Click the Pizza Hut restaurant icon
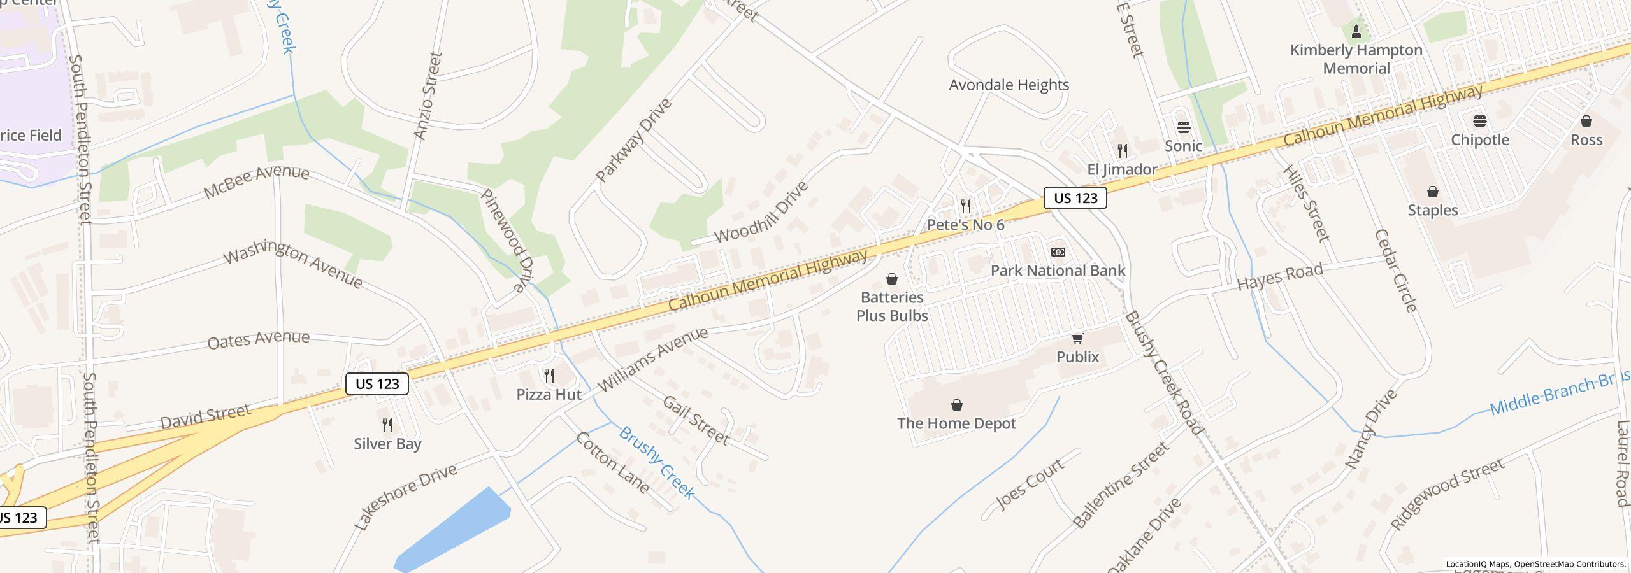(549, 376)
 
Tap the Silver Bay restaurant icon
(387, 425)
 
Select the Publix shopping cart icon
(1077, 338)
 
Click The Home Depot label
(956, 423)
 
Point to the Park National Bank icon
(1058, 252)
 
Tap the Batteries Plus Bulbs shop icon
(892, 279)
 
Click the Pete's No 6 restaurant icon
(966, 206)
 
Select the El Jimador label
(1121, 169)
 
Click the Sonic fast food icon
(1183, 127)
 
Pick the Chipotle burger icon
(1479, 121)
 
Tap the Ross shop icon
(1586, 121)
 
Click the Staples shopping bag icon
(1432, 192)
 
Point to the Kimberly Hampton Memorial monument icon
(1356, 31)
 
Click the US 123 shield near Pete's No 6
(1075, 198)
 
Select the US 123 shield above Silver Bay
(377, 384)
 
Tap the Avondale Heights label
(1009, 85)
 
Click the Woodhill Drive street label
(761, 212)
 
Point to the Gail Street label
(696, 420)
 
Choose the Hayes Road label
(1279, 277)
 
